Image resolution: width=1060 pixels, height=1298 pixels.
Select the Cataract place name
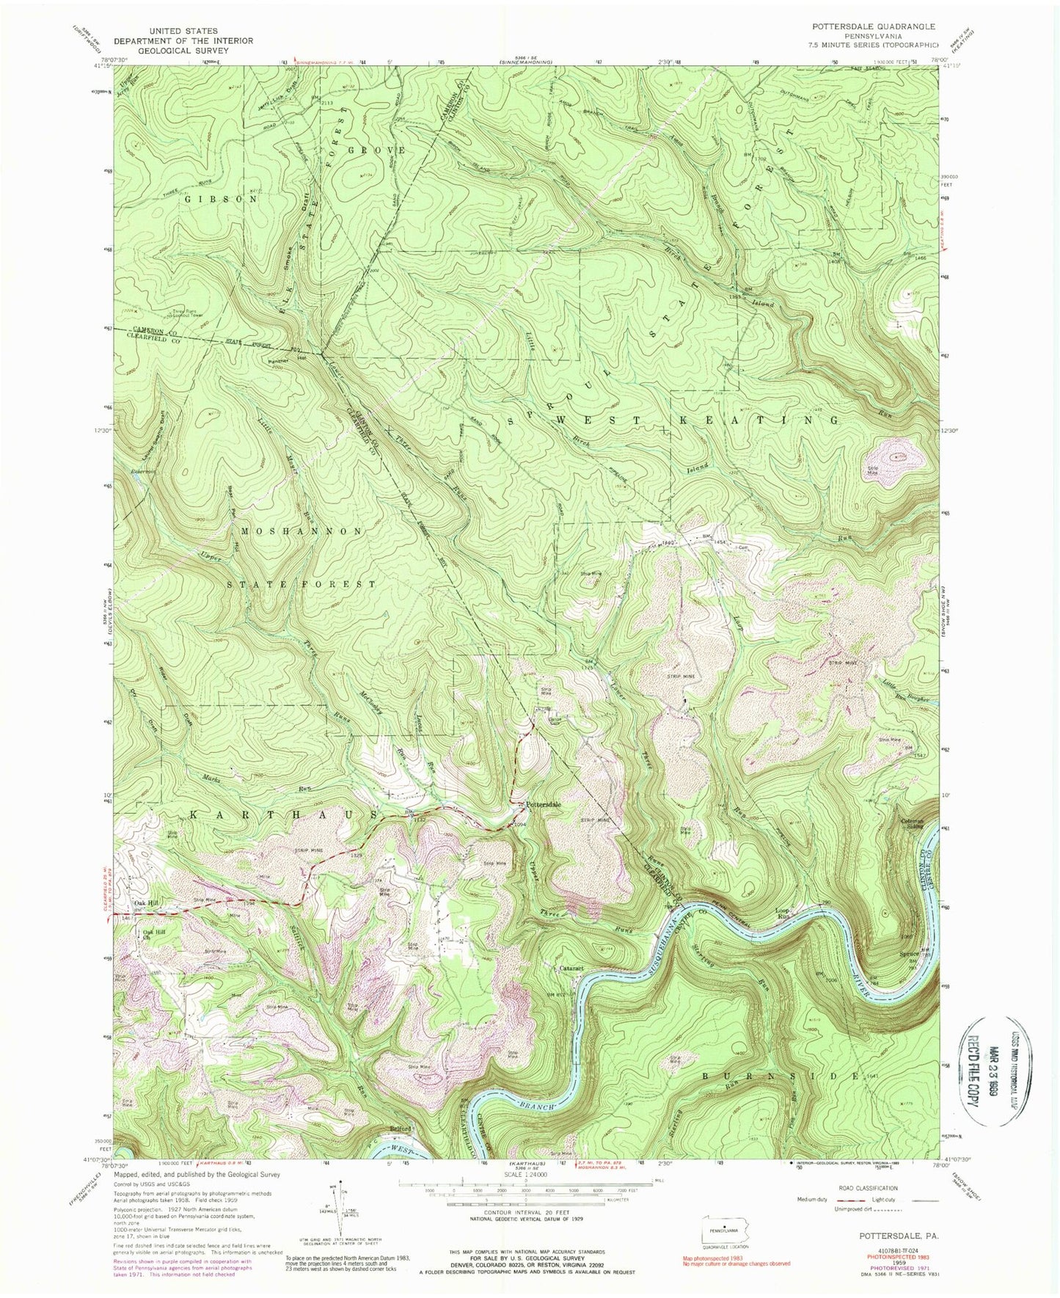(x=571, y=969)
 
